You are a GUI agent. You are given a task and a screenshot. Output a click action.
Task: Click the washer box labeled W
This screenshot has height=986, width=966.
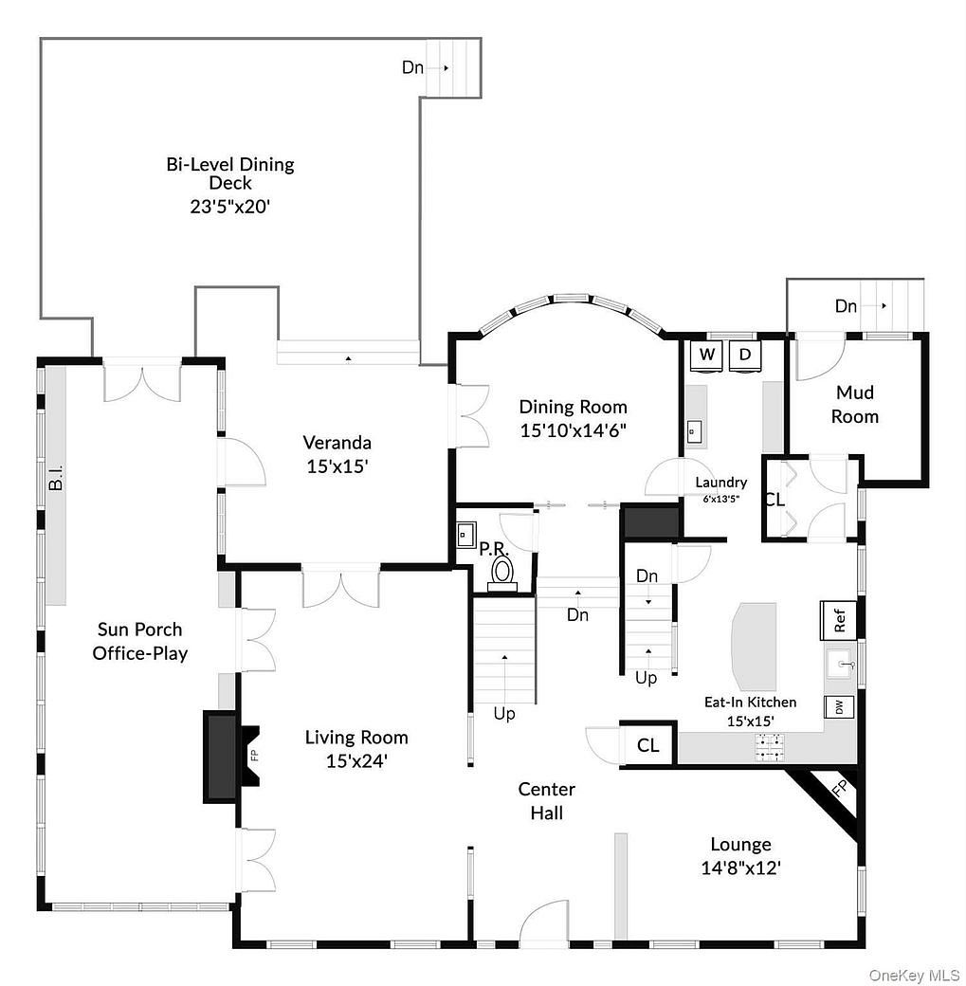[x=706, y=356]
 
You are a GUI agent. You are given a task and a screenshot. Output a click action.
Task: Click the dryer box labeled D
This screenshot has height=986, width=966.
[x=745, y=356]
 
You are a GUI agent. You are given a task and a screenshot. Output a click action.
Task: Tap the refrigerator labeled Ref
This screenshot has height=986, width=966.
[x=839, y=620]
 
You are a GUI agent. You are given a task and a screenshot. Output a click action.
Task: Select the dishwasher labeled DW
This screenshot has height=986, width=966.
[x=839, y=707]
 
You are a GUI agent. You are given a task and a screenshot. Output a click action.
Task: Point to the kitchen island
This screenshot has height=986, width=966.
[x=753, y=646]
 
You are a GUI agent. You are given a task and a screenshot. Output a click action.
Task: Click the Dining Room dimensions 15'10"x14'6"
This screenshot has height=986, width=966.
[x=573, y=429]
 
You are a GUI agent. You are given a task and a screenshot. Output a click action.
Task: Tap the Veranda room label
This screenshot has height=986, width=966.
[x=337, y=442]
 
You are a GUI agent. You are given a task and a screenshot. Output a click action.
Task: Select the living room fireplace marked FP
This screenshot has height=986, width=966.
[x=253, y=756]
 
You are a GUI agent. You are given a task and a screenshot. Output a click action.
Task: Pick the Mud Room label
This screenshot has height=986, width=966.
[x=856, y=404]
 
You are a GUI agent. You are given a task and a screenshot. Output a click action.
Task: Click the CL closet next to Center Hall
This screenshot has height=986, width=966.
[x=647, y=745]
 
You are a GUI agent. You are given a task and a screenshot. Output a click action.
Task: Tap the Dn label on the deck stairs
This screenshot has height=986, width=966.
[x=412, y=67]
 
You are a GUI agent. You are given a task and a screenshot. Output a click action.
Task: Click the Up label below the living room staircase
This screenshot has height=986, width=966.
[x=504, y=713]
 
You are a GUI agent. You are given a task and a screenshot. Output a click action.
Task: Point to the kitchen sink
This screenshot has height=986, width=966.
[x=839, y=664]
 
